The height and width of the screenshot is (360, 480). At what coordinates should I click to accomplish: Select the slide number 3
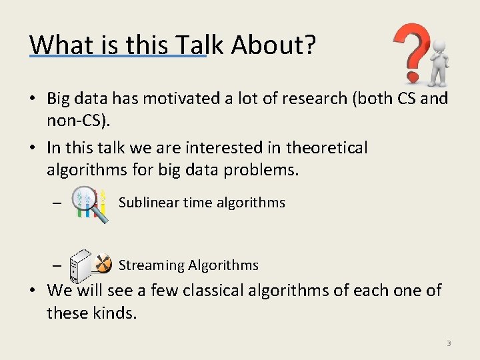[449, 343]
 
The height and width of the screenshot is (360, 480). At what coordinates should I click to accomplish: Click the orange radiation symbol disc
[102, 263]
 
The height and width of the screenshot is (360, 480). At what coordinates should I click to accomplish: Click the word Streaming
[151, 265]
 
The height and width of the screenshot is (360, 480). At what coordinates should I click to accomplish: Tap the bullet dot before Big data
[33, 99]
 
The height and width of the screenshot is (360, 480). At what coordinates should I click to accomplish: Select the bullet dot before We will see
[33, 291]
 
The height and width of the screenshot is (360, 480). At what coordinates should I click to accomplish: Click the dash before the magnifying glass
[57, 204]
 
